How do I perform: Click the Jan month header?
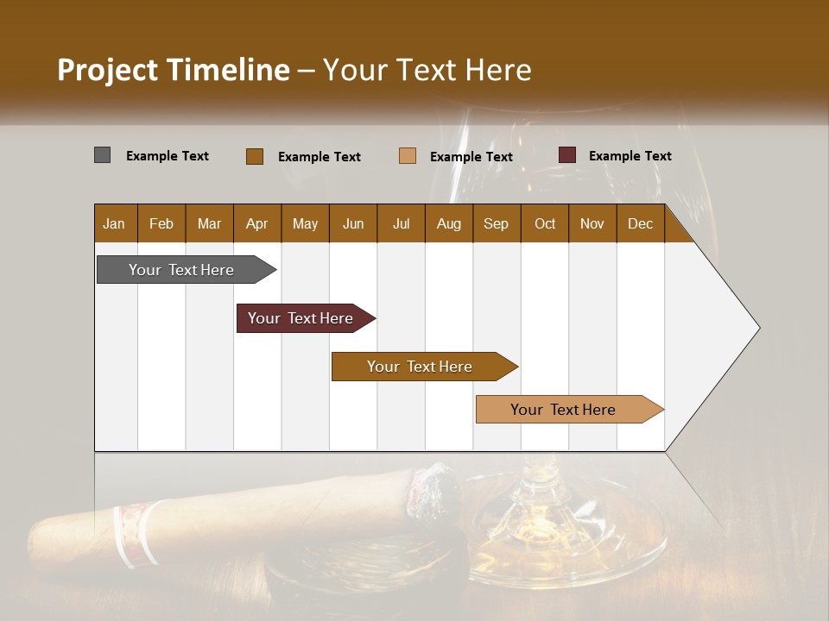coord(114,224)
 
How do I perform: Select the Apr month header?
coord(256,224)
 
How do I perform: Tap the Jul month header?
coord(401,224)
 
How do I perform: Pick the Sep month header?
coord(496,224)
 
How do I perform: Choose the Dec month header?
coord(640,224)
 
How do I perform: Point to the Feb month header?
coord(161,224)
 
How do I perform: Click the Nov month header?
coord(592,224)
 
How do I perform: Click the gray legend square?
coord(102,155)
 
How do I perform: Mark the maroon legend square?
coord(566,155)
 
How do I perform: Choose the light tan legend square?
coord(408,156)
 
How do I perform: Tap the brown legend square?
coord(254,156)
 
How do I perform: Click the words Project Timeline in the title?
coord(173,70)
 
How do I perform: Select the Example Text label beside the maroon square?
coord(630,156)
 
